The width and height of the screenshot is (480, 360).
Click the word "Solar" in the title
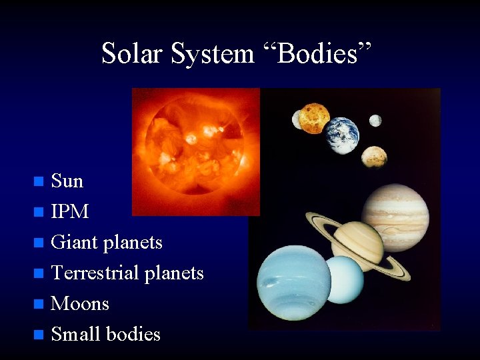pyautogui.click(x=132, y=53)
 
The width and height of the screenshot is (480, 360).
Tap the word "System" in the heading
pyautogui.click(x=212, y=53)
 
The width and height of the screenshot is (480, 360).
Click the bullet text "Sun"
pyautogui.click(x=67, y=181)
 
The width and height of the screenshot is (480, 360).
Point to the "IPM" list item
pyautogui.click(x=69, y=211)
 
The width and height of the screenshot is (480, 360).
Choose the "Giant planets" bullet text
pyautogui.click(x=107, y=242)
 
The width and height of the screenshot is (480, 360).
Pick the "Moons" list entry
pyautogui.click(x=80, y=303)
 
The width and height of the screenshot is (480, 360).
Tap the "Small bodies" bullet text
pyautogui.click(x=105, y=334)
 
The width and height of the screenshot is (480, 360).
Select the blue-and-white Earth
pyautogui.click(x=343, y=135)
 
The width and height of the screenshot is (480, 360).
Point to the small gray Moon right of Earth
pyautogui.click(x=375, y=121)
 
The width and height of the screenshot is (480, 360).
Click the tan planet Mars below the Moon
pyautogui.click(x=374, y=157)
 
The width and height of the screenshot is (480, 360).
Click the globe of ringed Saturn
pyautogui.click(x=358, y=241)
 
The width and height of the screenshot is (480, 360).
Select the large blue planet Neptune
pyautogui.click(x=294, y=282)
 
